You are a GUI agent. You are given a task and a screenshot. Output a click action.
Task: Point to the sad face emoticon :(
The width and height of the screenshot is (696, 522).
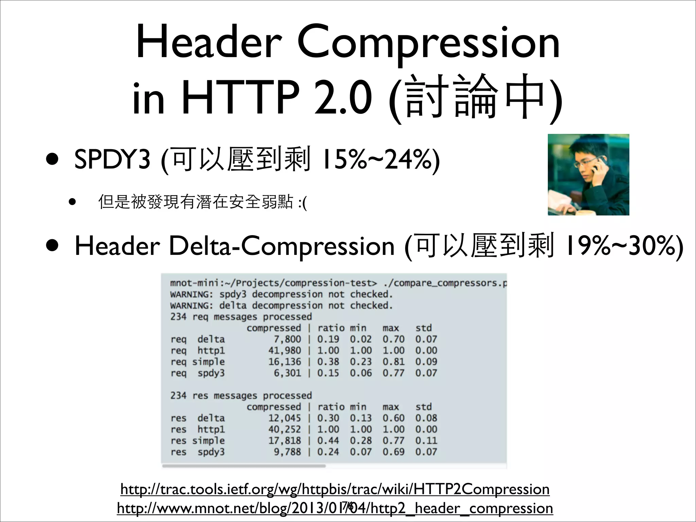click(x=302, y=203)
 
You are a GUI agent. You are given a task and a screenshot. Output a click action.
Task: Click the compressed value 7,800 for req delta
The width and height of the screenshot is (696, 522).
click(x=287, y=339)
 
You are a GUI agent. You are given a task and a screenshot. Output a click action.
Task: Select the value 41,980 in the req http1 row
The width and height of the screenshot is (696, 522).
click(x=284, y=350)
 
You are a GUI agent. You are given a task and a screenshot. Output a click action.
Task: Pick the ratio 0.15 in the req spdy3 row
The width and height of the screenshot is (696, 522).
click(x=328, y=373)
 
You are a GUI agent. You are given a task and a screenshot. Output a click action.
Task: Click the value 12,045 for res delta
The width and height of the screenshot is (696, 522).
click(x=284, y=418)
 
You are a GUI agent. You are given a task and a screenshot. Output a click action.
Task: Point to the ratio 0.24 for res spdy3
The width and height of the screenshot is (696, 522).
click(x=328, y=452)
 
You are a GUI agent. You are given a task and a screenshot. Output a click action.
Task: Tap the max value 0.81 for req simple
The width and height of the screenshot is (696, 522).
click(x=394, y=362)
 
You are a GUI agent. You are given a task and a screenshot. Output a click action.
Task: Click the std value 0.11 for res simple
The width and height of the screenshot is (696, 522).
click(x=426, y=441)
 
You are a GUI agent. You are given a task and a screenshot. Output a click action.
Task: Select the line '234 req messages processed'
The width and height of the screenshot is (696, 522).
click(x=241, y=317)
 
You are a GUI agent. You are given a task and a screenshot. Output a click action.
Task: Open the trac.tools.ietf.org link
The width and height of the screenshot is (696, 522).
click(x=335, y=489)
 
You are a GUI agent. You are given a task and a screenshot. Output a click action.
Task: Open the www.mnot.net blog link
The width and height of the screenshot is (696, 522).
click(x=335, y=508)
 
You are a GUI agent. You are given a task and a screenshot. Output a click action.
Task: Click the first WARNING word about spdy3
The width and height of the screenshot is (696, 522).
click(x=191, y=294)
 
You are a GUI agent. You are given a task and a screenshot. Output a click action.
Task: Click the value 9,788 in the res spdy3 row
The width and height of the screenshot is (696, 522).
click(x=287, y=452)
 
